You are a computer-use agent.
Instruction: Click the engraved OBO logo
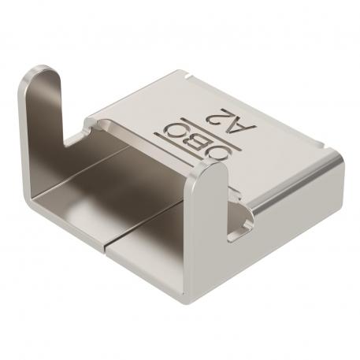[x=177, y=139]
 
